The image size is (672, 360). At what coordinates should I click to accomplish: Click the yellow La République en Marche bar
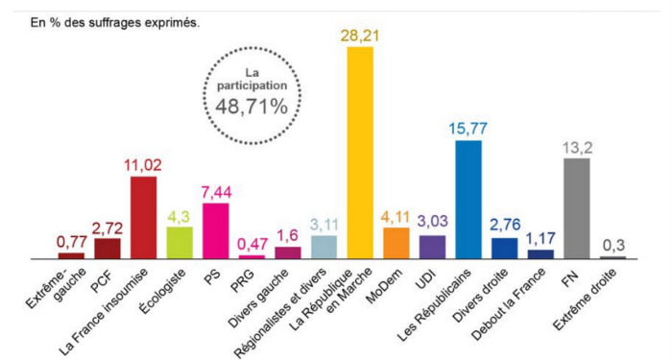click(359, 154)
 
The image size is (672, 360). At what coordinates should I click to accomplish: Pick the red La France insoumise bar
click(143, 218)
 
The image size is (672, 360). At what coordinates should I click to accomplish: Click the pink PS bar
click(215, 231)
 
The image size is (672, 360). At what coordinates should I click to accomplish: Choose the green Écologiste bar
click(180, 243)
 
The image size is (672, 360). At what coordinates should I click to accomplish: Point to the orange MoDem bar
click(396, 243)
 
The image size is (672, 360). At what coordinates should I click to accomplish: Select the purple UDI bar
click(432, 247)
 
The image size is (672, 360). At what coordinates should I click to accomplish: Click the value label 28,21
click(359, 35)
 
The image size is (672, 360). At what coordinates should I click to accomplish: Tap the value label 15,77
click(468, 128)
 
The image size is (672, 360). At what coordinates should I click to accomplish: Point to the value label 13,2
click(576, 146)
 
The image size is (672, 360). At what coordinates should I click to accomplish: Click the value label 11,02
click(143, 164)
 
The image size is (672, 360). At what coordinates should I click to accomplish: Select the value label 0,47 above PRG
click(252, 244)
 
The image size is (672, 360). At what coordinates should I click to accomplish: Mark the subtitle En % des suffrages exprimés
click(102, 21)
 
